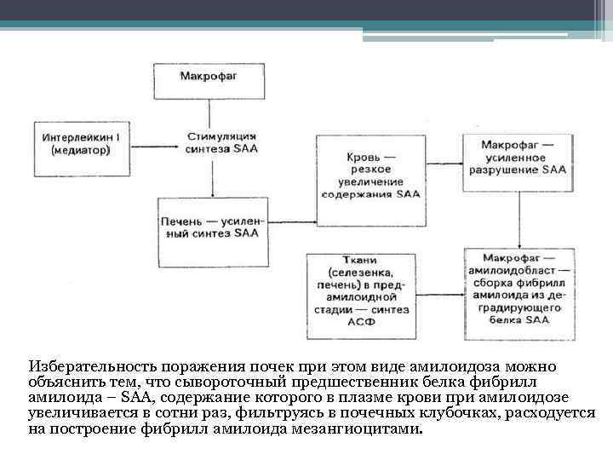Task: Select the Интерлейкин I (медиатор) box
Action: click(x=80, y=141)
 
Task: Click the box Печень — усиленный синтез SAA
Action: click(x=209, y=226)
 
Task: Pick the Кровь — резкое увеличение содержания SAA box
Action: click(x=371, y=176)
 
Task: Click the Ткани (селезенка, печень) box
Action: click(x=360, y=290)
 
